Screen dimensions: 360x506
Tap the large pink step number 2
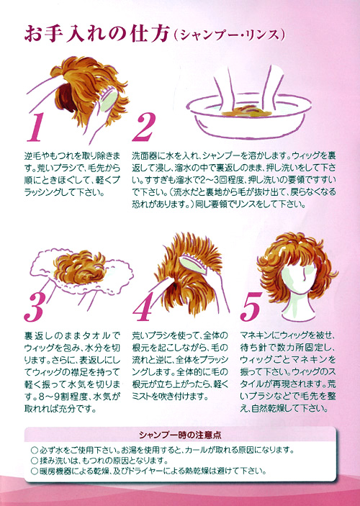click(x=144, y=127)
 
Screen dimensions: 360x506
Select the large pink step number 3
click(x=35, y=307)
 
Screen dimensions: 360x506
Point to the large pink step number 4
click(x=143, y=307)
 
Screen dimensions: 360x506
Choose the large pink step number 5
click(x=251, y=307)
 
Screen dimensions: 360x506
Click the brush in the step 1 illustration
click(x=109, y=99)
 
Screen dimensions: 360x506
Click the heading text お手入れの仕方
click(x=96, y=35)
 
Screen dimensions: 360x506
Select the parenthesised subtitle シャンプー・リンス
click(x=228, y=35)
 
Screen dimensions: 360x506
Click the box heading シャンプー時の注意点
click(x=180, y=435)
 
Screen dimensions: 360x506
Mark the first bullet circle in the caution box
click(x=35, y=450)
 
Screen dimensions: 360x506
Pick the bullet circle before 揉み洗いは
click(x=35, y=461)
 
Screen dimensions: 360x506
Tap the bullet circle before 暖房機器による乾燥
click(x=35, y=471)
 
